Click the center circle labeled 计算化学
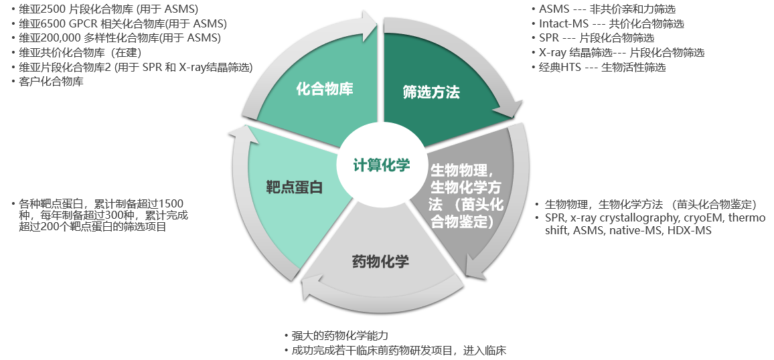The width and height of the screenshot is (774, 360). tap(382, 165)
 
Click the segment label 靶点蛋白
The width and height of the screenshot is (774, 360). tap(294, 187)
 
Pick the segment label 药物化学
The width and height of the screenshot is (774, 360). tap(381, 262)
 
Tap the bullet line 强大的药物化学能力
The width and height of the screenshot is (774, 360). tap(339, 337)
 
